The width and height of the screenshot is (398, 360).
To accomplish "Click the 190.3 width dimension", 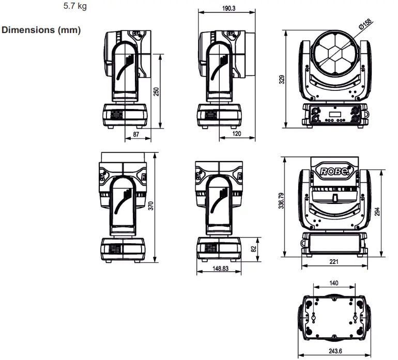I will point(226,9).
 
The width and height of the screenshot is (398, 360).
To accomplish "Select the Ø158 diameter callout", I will point(365,24).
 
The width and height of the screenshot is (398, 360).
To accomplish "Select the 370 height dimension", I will point(151,206).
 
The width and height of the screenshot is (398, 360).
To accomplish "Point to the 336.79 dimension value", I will point(281,206).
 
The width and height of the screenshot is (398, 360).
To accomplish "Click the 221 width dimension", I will point(334,262).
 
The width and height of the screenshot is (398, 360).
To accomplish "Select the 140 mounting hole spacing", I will point(334,283).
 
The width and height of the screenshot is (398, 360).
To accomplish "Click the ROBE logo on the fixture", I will point(334,171).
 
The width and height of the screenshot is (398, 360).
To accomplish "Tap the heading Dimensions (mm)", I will point(41,30).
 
